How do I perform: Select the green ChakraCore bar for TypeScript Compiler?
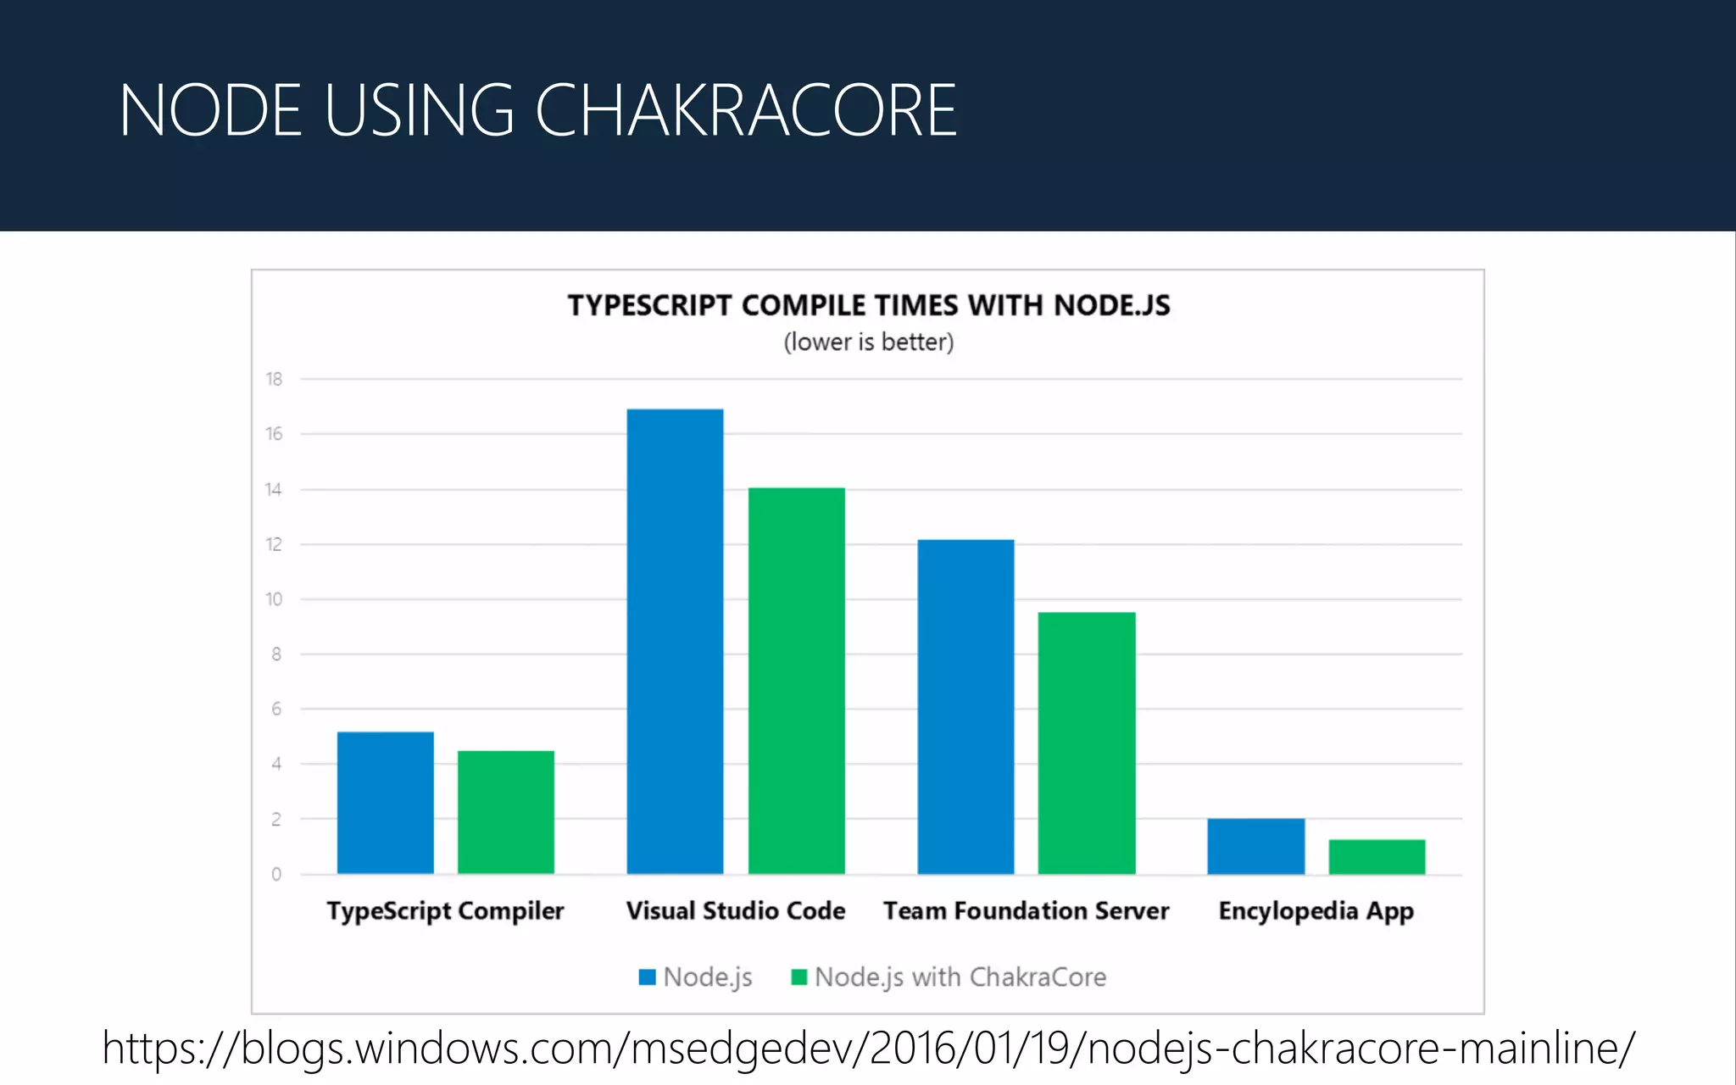pyautogui.click(x=506, y=811)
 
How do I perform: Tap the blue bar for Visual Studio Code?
pyautogui.click(x=675, y=641)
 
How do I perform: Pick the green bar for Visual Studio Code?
pyautogui.click(x=796, y=680)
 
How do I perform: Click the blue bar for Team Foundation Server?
pyautogui.click(x=965, y=706)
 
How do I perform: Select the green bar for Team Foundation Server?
pyautogui.click(x=1087, y=743)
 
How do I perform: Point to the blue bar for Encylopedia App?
pyautogui.click(x=1255, y=845)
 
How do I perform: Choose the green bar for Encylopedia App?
pyautogui.click(x=1377, y=856)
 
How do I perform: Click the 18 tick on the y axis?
pyautogui.click(x=274, y=379)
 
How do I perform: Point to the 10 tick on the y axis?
pyautogui.click(x=274, y=599)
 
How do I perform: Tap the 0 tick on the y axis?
pyautogui.click(x=276, y=874)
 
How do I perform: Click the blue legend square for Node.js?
pyautogui.click(x=648, y=977)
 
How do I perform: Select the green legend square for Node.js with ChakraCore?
pyautogui.click(x=798, y=977)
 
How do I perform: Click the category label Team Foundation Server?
pyautogui.click(x=1026, y=910)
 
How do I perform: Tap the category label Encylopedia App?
pyautogui.click(x=1316, y=910)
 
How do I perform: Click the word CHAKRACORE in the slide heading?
pyautogui.click(x=746, y=110)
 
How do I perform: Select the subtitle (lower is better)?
pyautogui.click(x=868, y=342)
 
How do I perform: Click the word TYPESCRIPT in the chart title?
pyautogui.click(x=649, y=305)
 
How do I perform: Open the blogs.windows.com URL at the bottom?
pyautogui.click(x=868, y=1048)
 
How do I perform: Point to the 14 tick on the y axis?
pyautogui.click(x=274, y=489)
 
